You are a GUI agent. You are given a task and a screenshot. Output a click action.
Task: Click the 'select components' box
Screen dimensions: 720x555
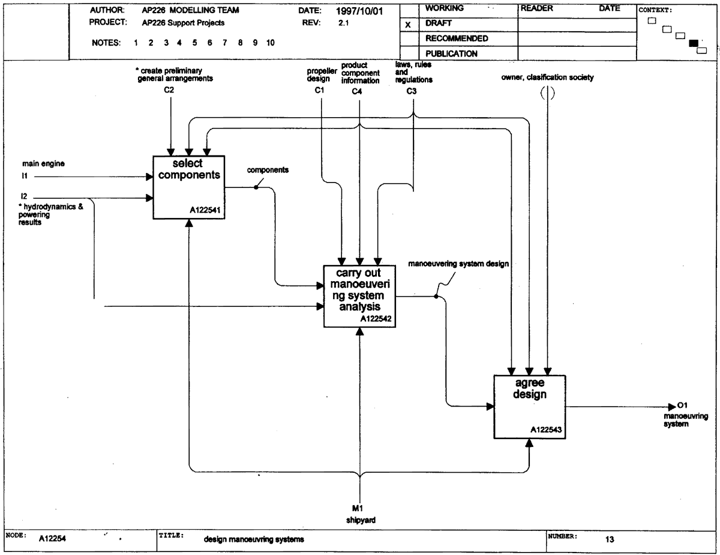[x=188, y=187]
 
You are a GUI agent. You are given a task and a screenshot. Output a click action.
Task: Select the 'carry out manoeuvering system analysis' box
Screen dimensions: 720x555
[x=359, y=296]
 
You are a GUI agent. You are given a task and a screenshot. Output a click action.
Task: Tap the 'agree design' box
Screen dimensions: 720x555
[x=529, y=407]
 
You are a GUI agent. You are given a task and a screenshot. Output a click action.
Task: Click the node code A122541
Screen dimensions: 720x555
[x=205, y=210]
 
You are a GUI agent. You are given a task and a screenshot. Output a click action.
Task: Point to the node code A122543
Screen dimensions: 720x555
[x=546, y=429]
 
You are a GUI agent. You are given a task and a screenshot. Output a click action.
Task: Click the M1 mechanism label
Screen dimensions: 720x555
[x=358, y=508]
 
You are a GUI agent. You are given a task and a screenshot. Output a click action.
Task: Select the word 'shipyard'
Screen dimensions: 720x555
[x=361, y=520]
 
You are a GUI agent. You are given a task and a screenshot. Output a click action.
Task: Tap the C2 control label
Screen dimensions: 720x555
[x=169, y=90]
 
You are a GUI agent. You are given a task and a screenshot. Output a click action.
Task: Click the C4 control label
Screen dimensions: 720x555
[x=357, y=91]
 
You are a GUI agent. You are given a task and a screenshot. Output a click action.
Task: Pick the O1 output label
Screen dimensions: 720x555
[x=683, y=405]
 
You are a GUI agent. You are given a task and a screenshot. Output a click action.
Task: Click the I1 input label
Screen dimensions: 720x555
[x=25, y=176]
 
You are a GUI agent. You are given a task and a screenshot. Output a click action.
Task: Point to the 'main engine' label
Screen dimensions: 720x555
[x=43, y=163]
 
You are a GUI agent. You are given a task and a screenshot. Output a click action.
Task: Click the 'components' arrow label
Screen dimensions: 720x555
[x=268, y=170]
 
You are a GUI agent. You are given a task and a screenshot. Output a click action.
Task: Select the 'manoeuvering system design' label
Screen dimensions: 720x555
[x=458, y=264]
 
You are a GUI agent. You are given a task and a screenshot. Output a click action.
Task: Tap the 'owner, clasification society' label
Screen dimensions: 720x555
[x=547, y=77]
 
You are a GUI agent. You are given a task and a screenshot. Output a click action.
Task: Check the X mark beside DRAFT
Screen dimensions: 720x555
[x=408, y=25]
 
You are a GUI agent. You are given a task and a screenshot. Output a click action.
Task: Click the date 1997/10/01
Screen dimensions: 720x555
[x=359, y=11]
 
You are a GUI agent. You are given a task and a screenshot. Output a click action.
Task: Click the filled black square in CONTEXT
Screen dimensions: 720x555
[x=694, y=43]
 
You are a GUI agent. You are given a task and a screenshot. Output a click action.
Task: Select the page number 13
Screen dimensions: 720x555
[x=610, y=539]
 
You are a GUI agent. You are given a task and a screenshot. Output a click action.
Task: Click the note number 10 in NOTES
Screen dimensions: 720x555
[x=271, y=43]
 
